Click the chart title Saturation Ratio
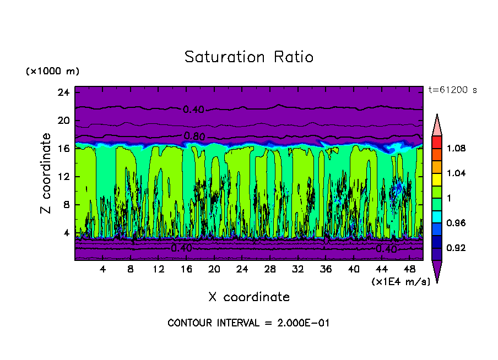point(249,57)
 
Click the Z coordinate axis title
point(46,173)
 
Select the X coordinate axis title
point(249,297)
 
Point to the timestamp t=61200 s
point(452,90)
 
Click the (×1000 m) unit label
point(52,72)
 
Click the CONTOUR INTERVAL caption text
point(248,323)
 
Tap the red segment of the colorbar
point(437,142)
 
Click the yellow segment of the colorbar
point(437,179)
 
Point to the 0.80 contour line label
point(194,136)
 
